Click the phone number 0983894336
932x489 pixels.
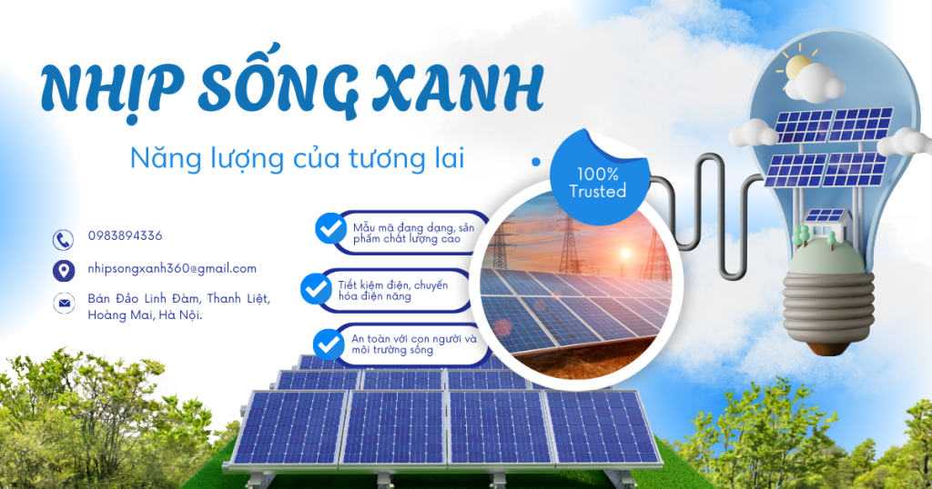(x=125, y=235)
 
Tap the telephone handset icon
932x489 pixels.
(x=63, y=240)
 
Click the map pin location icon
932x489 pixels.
(x=63, y=271)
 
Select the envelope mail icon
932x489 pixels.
(x=64, y=304)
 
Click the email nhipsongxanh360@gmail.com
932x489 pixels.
(x=172, y=268)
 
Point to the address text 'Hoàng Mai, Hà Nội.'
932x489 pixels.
(x=145, y=315)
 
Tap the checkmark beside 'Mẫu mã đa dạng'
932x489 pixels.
(x=330, y=228)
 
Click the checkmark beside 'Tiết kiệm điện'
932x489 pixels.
(x=316, y=288)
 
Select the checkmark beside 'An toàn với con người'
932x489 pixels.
(x=328, y=344)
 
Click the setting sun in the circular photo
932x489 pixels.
(x=625, y=254)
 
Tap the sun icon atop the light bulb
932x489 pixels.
(x=797, y=66)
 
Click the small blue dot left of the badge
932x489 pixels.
(x=536, y=162)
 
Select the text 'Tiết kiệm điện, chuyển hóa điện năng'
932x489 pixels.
(x=393, y=290)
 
